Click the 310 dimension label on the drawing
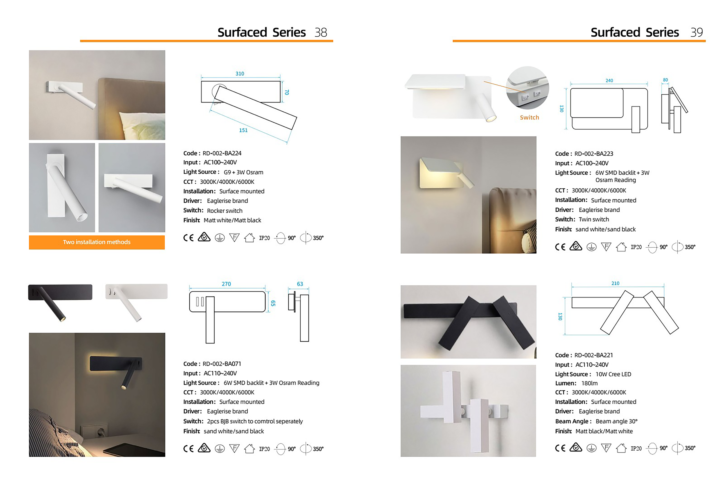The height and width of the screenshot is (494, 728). (x=240, y=74)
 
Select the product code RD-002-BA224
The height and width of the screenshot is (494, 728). (x=222, y=153)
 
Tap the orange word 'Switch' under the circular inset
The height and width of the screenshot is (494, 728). (x=529, y=117)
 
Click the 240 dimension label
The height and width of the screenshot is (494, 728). (x=609, y=81)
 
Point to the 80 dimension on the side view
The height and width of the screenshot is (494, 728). (x=665, y=80)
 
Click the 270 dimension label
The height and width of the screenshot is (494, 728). (x=226, y=284)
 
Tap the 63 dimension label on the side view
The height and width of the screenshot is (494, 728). (x=300, y=284)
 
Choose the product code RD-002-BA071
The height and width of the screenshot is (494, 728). (x=222, y=364)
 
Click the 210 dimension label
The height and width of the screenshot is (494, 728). (x=615, y=283)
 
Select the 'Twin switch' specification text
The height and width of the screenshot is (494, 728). (x=594, y=219)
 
